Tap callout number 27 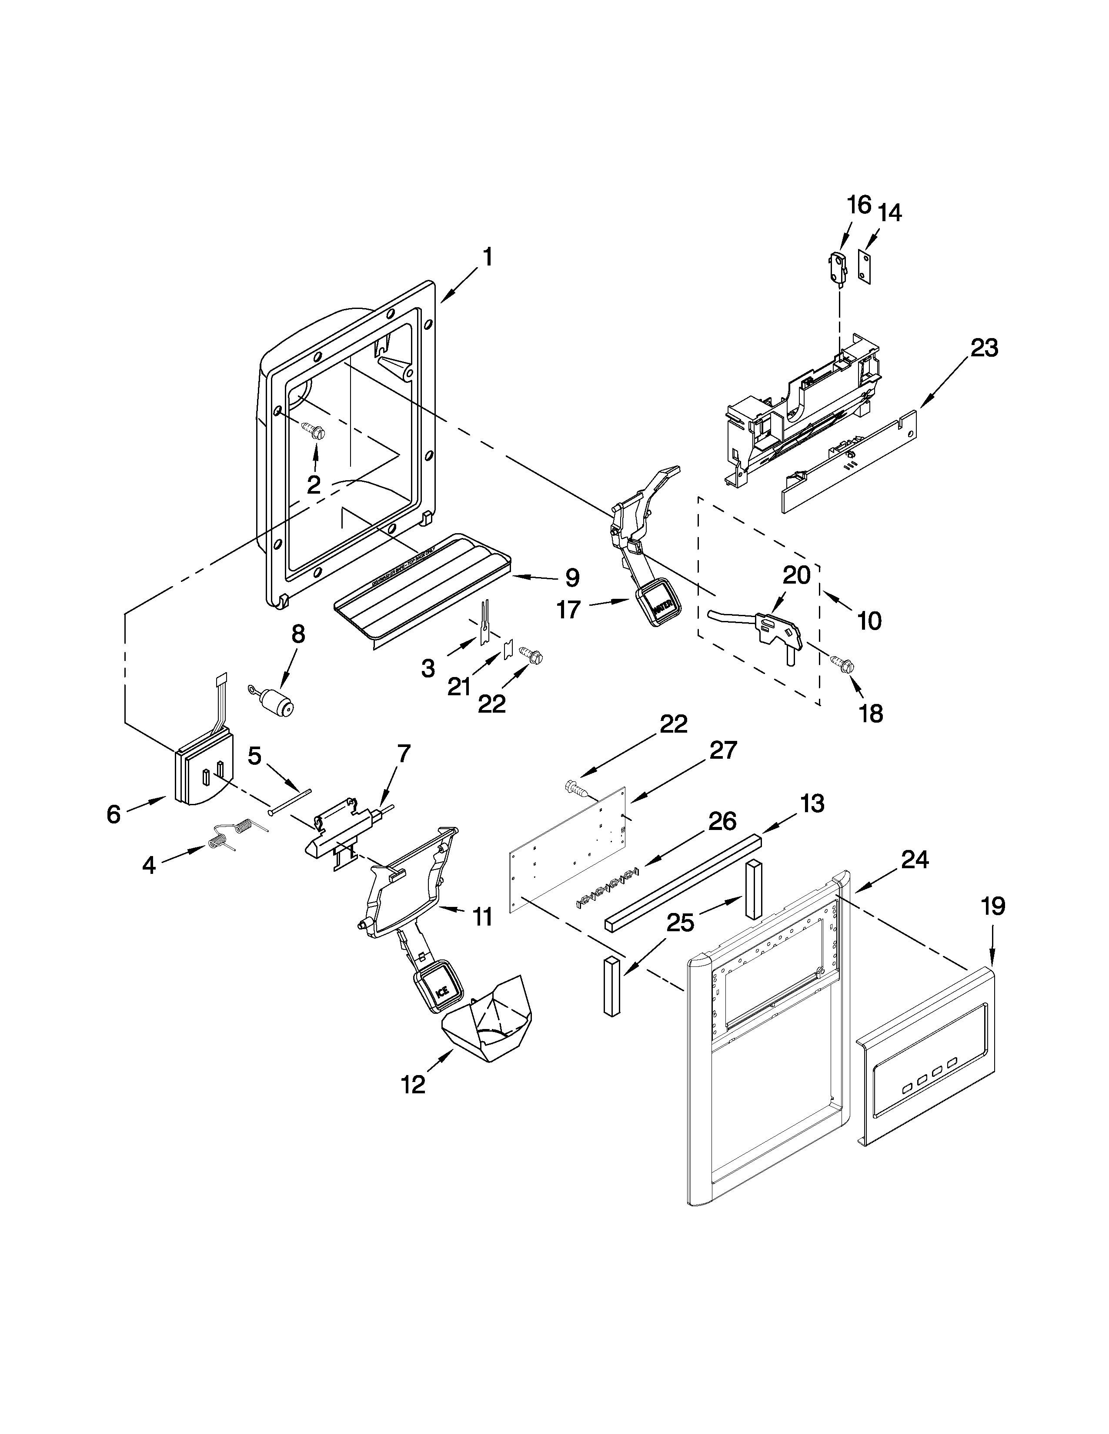point(723,750)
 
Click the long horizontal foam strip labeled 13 point(683,880)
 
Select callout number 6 point(114,815)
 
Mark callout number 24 point(915,859)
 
